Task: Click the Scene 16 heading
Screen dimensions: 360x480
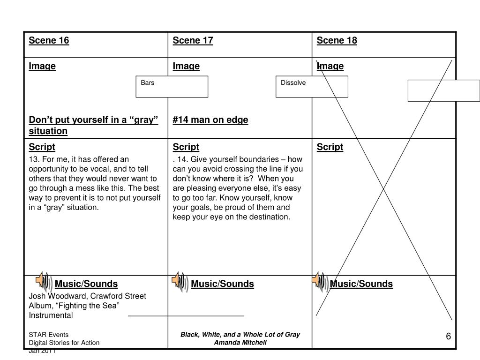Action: [49, 40]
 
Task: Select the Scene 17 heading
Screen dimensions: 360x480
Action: [193, 40]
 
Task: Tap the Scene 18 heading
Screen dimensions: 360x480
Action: [337, 40]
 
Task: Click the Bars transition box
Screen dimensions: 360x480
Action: [172, 87]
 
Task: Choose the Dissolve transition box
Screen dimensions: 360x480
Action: [311, 87]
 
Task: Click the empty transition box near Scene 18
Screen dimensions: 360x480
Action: [443, 90]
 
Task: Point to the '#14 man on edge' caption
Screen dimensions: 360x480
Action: [210, 120]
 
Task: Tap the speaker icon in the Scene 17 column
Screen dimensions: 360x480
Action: [180, 281]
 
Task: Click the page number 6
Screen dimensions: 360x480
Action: [448, 337]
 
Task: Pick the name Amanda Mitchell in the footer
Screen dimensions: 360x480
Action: [240, 343]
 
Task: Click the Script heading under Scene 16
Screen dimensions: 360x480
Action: [42, 147]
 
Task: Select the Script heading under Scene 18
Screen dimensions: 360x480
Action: [330, 147]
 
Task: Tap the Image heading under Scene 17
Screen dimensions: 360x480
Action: [186, 66]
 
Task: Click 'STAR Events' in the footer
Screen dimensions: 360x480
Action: [49, 335]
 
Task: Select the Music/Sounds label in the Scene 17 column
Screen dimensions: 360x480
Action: [222, 284]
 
